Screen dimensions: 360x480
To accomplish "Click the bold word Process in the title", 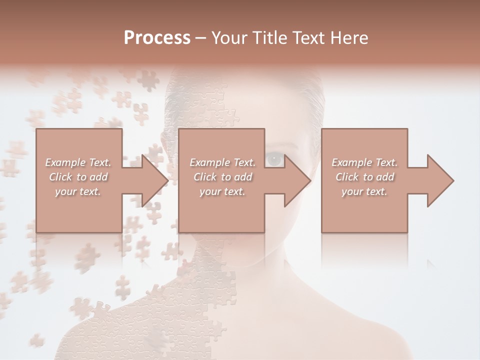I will click(x=157, y=38).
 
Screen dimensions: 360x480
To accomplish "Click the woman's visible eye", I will click(x=274, y=159).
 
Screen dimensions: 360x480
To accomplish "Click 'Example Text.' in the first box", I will click(x=78, y=162).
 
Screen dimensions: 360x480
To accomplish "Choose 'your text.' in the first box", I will click(x=78, y=191).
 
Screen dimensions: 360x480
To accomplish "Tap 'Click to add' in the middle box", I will click(x=222, y=177).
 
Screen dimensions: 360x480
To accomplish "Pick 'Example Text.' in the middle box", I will click(x=222, y=162).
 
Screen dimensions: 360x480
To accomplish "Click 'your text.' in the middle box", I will click(x=222, y=191).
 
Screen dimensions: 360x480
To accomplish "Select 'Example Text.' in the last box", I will click(x=364, y=162).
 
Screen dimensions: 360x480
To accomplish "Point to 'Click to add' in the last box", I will click(x=364, y=177).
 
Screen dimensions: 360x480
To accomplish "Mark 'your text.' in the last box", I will click(x=364, y=191).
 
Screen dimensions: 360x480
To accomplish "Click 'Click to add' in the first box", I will click(x=78, y=177).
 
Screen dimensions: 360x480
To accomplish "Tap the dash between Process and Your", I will click(x=201, y=38).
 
